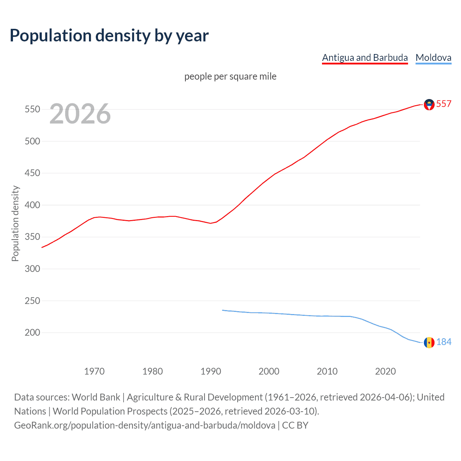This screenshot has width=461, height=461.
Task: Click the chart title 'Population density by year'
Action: pos(109,36)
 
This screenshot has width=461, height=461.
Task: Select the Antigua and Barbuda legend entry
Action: pos(365,58)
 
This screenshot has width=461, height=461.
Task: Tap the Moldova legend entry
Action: pos(433,58)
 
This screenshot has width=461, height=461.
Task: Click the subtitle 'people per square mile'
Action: pos(230,76)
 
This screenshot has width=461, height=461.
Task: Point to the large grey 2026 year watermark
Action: pos(80,114)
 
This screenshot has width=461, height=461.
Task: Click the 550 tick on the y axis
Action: pos(32,109)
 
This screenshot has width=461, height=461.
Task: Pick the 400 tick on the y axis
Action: pos(32,205)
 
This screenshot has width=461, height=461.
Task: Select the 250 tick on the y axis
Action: pos(32,301)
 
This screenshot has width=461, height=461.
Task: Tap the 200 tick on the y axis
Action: pos(32,333)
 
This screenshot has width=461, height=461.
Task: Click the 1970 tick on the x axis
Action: pos(94,371)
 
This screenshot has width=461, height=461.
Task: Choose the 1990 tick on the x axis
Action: pos(211,371)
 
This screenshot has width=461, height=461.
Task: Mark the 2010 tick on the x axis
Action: pos(327,371)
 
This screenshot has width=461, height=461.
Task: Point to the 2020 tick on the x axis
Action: pos(385,371)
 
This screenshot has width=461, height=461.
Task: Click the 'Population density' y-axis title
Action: pos(15,223)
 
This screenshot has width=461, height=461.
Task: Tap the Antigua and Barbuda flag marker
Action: pos(429,104)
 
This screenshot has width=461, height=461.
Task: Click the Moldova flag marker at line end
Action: pos(429,343)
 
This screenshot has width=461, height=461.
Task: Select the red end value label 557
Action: pos(444,104)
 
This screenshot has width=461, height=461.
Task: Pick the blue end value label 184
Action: pos(444,342)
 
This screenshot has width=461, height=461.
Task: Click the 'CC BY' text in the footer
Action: pos(295,425)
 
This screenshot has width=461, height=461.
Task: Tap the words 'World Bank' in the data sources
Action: pos(96,397)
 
